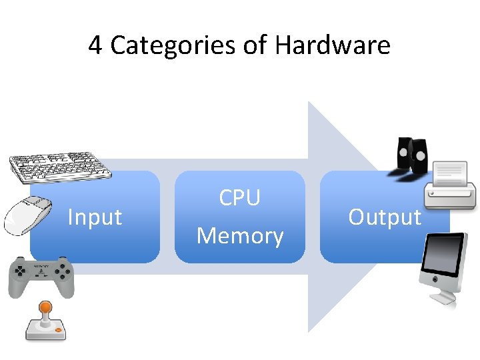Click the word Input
pos(95,217)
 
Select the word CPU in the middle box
pos(239,198)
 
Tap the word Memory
pos(240,236)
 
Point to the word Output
pos(385,217)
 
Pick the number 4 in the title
pos(95,45)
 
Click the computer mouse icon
pos(29,215)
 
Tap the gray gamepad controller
pos(41,276)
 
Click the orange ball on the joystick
pos(45,307)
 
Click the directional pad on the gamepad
pos(21,272)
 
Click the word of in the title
pos(255,45)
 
